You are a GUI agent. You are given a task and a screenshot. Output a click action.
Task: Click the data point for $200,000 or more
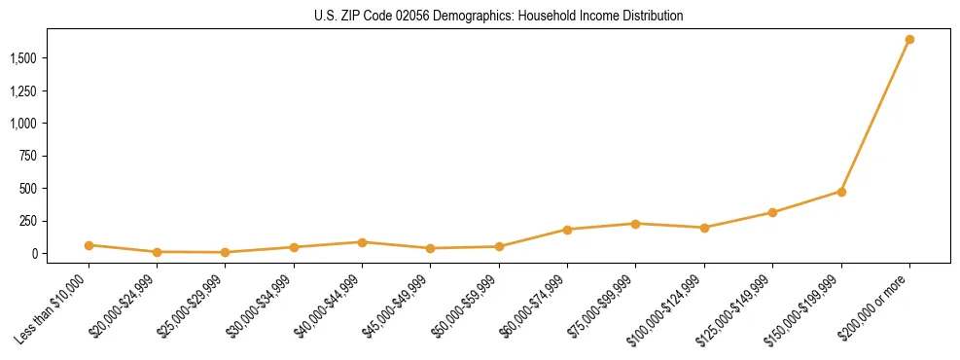click(909, 40)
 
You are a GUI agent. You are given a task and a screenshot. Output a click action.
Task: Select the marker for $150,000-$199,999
click(841, 192)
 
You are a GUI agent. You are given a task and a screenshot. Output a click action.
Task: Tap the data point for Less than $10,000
click(89, 245)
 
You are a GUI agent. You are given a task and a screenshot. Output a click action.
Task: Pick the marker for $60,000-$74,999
click(567, 230)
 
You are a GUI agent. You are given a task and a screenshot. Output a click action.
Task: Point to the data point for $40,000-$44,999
click(362, 242)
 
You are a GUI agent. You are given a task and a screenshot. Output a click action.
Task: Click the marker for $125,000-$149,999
click(772, 212)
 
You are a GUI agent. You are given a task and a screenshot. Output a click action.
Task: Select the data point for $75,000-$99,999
click(635, 224)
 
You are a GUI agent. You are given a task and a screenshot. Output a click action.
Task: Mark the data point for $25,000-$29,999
click(226, 252)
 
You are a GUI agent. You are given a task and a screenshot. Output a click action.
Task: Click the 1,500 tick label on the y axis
click(24, 58)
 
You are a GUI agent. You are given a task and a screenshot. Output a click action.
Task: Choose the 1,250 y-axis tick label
click(24, 91)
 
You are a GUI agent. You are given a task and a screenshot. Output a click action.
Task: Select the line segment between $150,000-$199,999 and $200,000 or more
click(875, 116)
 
